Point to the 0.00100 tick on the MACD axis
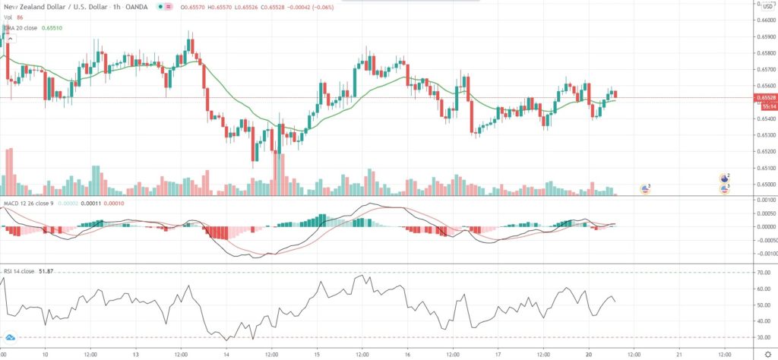[764, 200]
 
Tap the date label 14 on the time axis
[226, 354]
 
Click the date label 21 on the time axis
[679, 354]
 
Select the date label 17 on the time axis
[498, 354]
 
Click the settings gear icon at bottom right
[767, 354]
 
